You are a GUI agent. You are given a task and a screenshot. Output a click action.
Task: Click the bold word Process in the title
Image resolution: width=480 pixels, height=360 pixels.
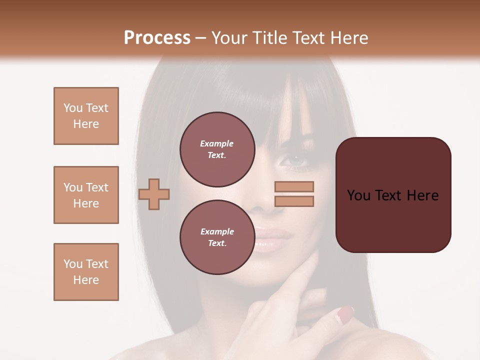pos(157,37)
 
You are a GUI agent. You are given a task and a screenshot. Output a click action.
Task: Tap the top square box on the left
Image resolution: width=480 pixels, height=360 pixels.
pos(86,116)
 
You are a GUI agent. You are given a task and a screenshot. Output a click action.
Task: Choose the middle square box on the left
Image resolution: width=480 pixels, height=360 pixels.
pos(86,195)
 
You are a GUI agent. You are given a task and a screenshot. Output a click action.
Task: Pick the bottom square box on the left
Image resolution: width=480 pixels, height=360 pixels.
pos(86,272)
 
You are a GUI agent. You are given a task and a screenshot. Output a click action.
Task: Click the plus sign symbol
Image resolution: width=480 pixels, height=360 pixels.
pos(154,194)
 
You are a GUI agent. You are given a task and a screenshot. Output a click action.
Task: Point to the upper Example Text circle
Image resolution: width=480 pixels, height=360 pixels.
pos(216,149)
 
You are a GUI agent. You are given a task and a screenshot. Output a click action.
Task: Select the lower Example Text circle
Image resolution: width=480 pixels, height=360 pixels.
pos(216,237)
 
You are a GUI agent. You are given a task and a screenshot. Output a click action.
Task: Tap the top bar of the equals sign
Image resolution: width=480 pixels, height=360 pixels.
pos(294,187)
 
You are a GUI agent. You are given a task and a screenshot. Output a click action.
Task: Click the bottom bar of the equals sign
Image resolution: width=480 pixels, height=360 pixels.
pos(294,201)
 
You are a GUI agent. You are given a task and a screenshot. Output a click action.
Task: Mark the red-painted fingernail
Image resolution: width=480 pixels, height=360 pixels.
pos(345,313)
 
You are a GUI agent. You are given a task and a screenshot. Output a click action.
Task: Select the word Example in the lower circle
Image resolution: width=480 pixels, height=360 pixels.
pos(217,231)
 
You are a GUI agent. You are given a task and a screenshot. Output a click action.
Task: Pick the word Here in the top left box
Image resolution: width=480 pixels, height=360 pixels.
pos(86,124)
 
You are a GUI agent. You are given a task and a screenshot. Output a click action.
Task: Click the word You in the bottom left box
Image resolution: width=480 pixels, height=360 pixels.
pos(73,264)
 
